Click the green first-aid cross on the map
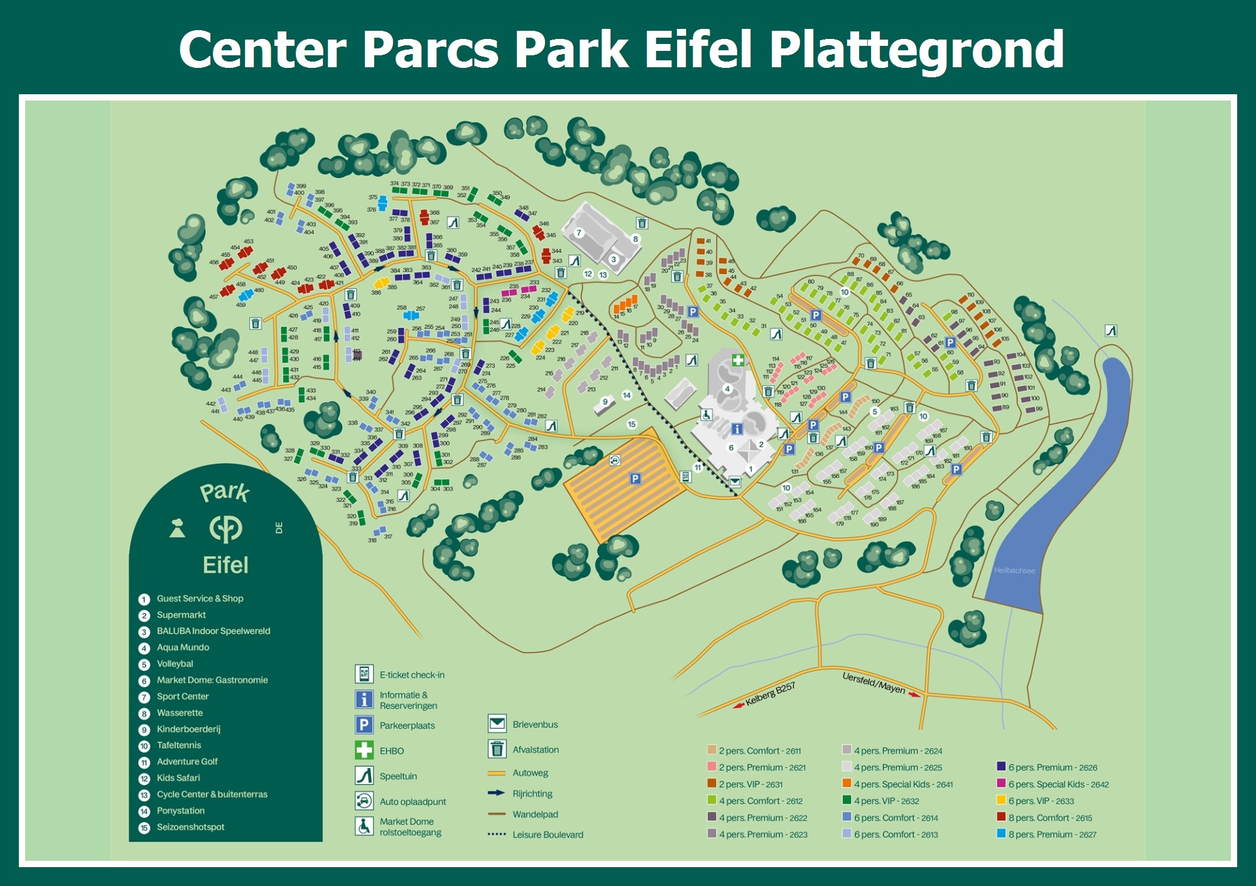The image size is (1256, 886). [x=738, y=360]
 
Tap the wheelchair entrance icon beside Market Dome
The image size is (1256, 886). [x=706, y=415]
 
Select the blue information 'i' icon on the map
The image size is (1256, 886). [x=737, y=429]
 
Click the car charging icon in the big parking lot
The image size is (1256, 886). [x=615, y=460]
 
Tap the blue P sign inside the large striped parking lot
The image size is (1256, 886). [x=636, y=479]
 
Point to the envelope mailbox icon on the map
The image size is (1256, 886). [x=735, y=482]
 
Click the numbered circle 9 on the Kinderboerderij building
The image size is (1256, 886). [x=605, y=402]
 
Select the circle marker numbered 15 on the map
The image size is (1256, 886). [x=632, y=424]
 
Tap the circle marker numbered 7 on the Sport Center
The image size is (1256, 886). [x=579, y=232]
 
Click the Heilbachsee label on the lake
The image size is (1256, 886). [x=1014, y=571]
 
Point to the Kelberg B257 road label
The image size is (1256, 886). [x=770, y=694]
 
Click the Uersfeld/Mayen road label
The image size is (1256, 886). [x=874, y=683]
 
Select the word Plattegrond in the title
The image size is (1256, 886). [x=916, y=50]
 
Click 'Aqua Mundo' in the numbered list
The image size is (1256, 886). [x=183, y=647]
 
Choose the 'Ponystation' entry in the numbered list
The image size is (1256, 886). [x=180, y=811]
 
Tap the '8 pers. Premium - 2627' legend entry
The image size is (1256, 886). [x=1052, y=834]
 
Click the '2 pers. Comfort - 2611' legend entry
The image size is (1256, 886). [x=759, y=751]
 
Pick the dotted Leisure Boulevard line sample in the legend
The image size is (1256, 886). [x=496, y=834]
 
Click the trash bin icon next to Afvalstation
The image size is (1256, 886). [x=497, y=749]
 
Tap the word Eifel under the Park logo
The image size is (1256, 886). [x=225, y=565]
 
